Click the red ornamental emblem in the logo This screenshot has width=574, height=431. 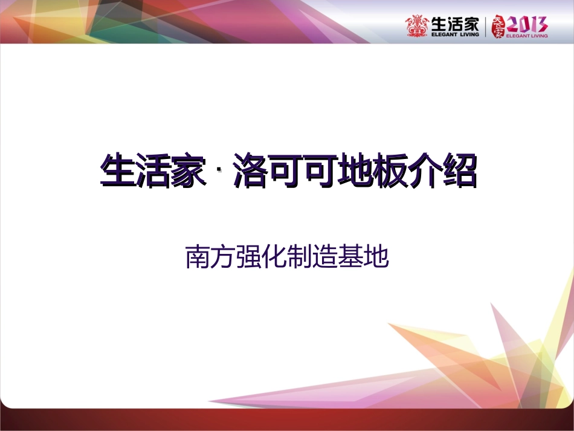click(x=417, y=25)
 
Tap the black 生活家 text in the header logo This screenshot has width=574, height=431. click(x=455, y=24)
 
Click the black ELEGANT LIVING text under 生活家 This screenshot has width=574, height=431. click(x=455, y=35)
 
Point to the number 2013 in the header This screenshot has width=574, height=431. click(x=527, y=24)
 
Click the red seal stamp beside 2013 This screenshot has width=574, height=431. click(x=498, y=26)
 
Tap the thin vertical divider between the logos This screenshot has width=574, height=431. click(x=486, y=27)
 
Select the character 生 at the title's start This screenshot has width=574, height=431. click(x=118, y=170)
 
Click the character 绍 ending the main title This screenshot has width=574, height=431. click(x=457, y=170)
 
